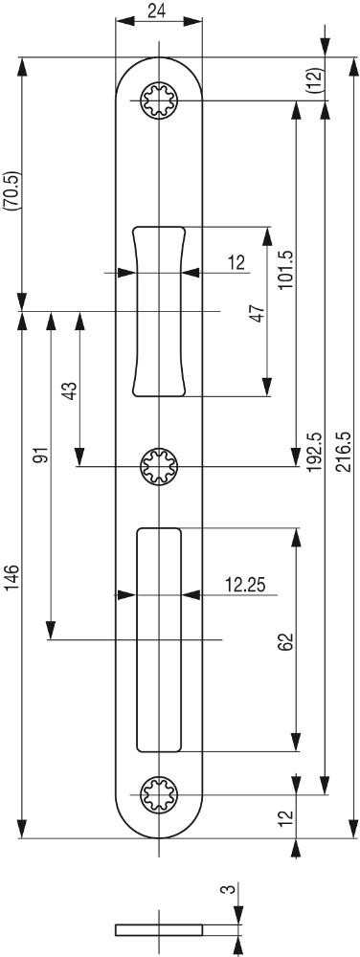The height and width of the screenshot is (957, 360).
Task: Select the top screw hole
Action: pyautogui.click(x=158, y=100)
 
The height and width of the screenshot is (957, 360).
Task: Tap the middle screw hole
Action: pyautogui.click(x=158, y=467)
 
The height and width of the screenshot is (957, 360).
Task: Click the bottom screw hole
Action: pyautogui.click(x=158, y=794)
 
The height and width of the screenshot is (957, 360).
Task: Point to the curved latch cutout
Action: pyautogui.click(x=158, y=311)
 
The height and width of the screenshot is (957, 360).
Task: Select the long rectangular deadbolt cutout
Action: pyautogui.click(x=159, y=639)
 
